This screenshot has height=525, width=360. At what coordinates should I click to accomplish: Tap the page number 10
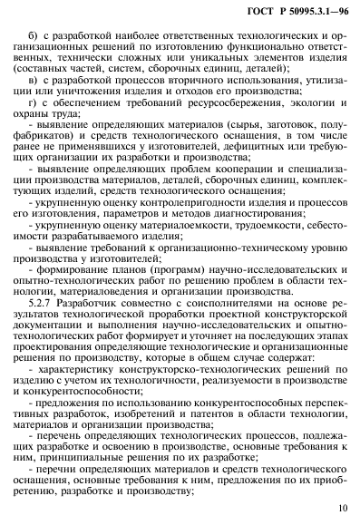(339, 510)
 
